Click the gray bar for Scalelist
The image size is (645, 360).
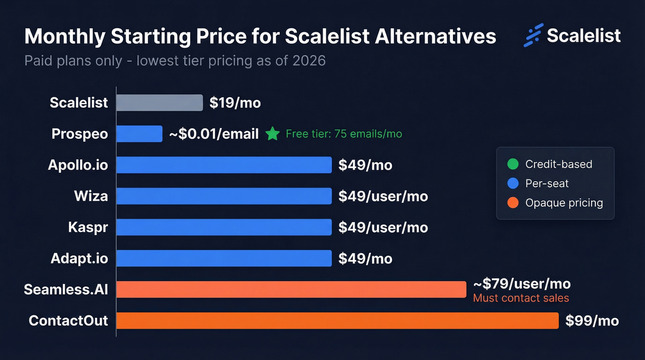click(159, 103)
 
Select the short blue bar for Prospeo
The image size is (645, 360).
click(139, 134)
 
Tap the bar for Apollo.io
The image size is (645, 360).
click(224, 165)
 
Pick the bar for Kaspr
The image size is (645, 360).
click(224, 227)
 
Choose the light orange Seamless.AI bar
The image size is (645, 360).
click(291, 289)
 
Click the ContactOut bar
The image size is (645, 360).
click(337, 320)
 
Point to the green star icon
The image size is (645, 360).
click(273, 134)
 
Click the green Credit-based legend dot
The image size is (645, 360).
click(512, 164)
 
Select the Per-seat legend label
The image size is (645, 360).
click(547, 183)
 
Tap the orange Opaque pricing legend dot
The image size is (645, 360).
click(512, 203)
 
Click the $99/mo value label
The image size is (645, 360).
click(592, 321)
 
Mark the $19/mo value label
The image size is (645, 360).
click(235, 103)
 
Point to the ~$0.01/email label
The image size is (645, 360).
click(214, 134)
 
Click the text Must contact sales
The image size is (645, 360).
click(521, 298)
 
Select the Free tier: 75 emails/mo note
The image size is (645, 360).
click(344, 134)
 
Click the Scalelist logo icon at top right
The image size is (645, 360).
click(533, 35)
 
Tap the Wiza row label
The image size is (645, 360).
click(91, 196)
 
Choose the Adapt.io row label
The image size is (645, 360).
click(79, 259)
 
